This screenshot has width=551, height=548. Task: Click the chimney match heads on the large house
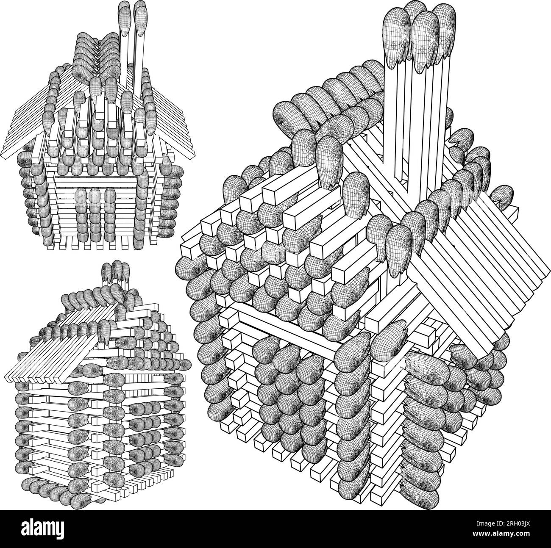tap(420, 34)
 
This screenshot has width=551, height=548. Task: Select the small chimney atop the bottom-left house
tap(114, 274)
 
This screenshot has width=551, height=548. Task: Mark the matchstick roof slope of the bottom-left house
tap(55, 351)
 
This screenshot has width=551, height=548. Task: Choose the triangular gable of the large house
tap(280, 254)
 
